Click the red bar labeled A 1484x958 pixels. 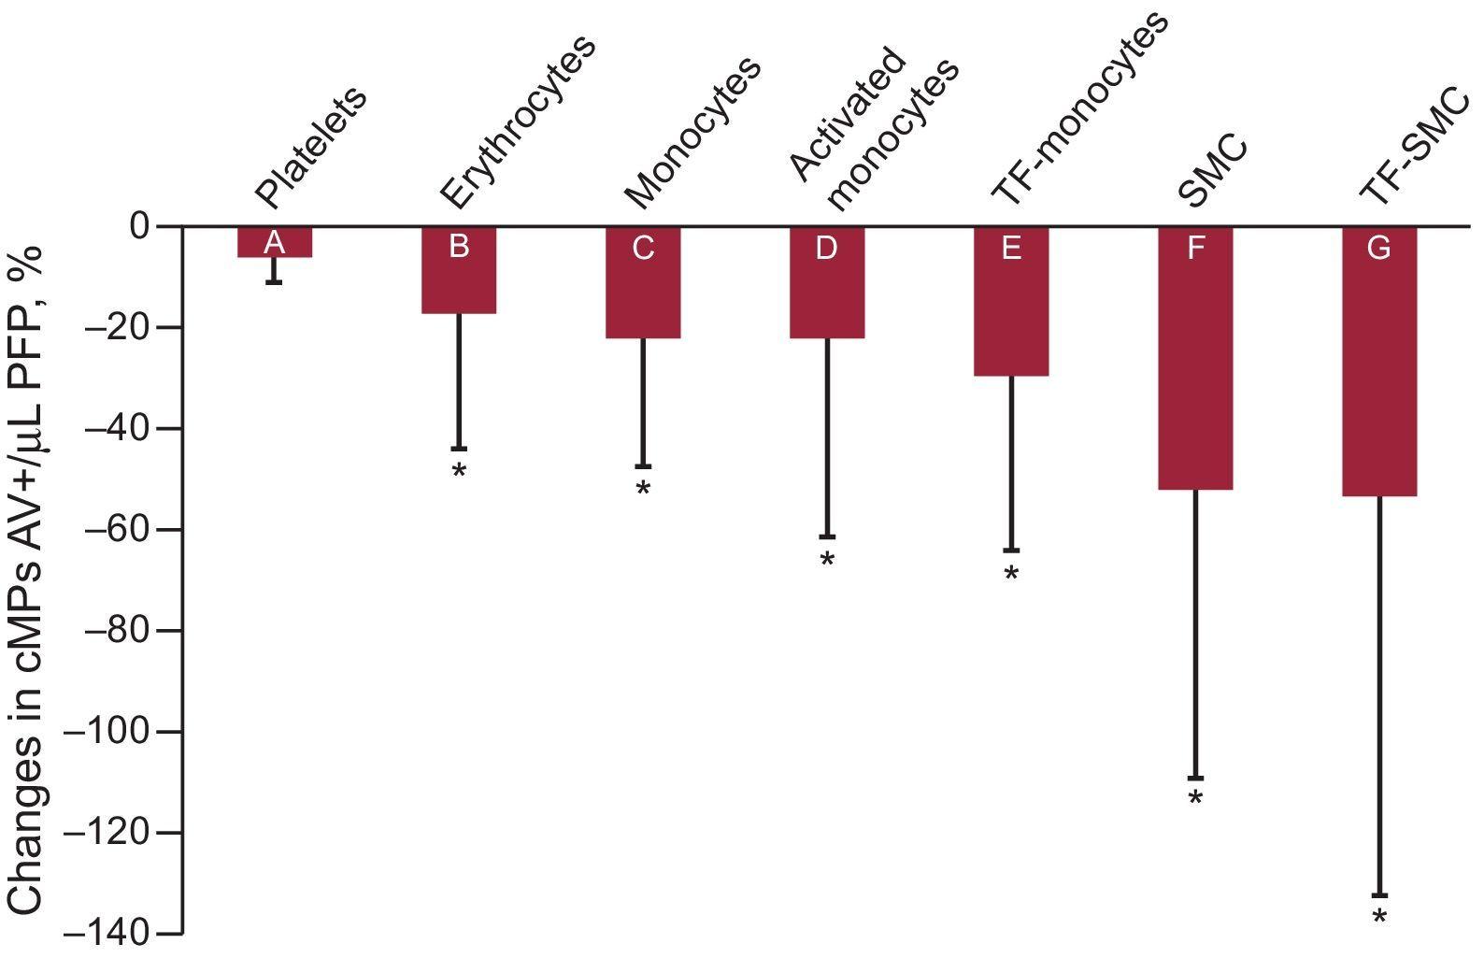(x=274, y=242)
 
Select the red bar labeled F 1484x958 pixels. (x=1195, y=358)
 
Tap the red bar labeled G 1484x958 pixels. (x=1379, y=362)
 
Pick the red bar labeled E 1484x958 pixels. (x=1011, y=301)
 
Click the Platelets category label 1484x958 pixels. (x=310, y=148)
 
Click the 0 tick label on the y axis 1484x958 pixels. (x=139, y=226)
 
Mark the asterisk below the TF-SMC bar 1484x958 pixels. (x=1379, y=918)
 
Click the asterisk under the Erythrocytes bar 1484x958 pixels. (x=458, y=471)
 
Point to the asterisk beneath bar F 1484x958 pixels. (x=1195, y=800)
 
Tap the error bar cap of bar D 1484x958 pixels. (x=827, y=537)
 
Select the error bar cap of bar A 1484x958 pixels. (x=274, y=281)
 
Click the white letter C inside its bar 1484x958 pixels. (x=643, y=249)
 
